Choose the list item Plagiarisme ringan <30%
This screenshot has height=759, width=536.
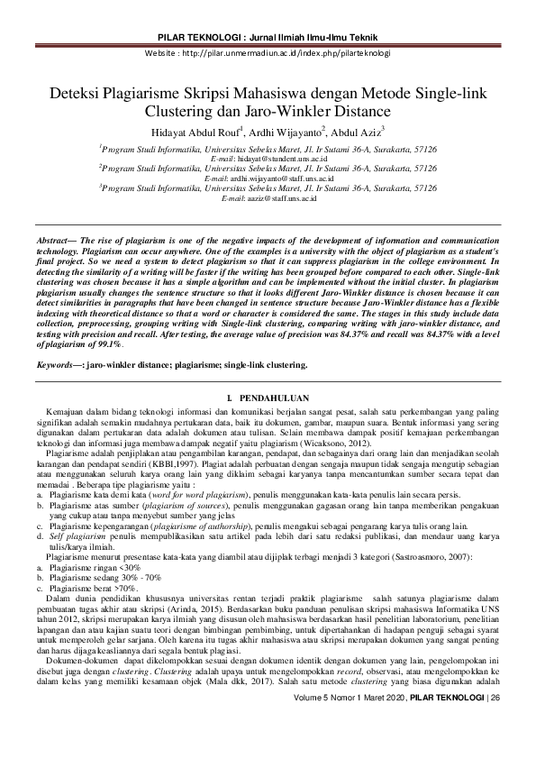[95, 568]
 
